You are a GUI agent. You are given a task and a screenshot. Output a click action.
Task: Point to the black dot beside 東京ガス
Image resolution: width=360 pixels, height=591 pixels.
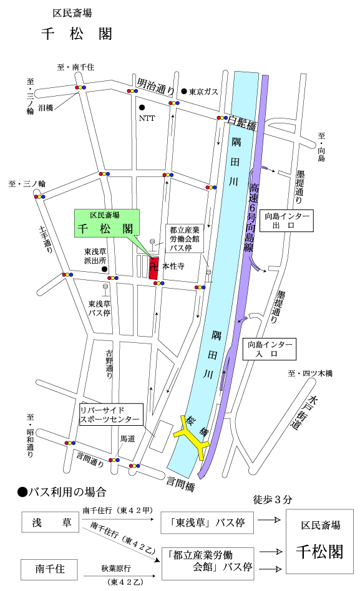tap(184, 91)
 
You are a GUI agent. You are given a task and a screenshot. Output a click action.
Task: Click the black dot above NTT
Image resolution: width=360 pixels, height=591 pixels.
tap(142, 106)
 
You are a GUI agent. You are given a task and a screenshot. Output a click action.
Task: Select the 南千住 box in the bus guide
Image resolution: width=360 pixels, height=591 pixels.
tap(49, 568)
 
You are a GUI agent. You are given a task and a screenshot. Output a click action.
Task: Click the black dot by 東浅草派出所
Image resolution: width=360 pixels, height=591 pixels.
tap(105, 270)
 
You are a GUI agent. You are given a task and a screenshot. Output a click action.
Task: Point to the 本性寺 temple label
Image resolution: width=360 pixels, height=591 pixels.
tap(175, 266)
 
